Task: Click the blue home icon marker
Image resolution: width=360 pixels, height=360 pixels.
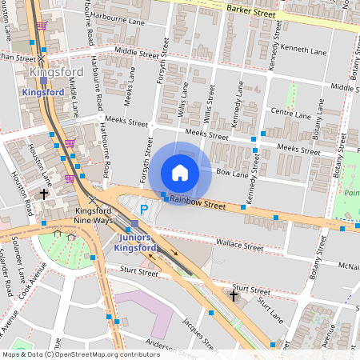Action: point(180,173)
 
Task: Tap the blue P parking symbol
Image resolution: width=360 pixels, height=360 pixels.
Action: point(145,210)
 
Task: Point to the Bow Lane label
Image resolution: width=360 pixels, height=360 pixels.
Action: point(233,172)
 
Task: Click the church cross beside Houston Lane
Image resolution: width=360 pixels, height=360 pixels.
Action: point(45,194)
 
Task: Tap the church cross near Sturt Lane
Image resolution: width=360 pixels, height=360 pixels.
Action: point(234,296)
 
